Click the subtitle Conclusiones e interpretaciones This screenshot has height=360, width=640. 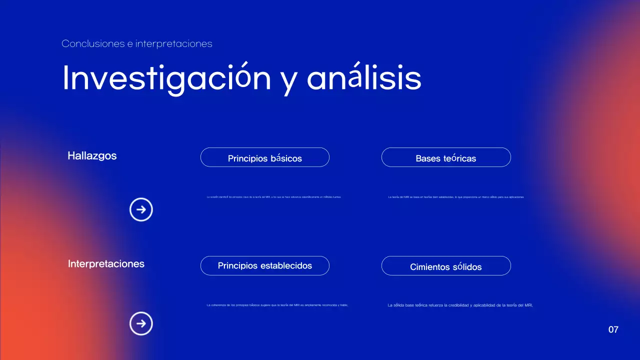click(136, 43)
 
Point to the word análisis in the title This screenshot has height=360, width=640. click(364, 78)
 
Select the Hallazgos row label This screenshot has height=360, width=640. click(92, 155)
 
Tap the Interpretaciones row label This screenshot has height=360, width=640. click(106, 263)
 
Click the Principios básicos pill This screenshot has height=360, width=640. click(264, 157)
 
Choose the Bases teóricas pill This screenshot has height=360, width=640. click(445, 157)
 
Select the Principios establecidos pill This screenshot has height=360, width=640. click(264, 265)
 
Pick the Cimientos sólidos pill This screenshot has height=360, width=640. click(445, 266)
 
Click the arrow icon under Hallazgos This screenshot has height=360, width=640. click(141, 210)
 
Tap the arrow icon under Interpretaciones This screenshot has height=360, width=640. click(141, 323)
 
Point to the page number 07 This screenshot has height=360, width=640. click(613, 329)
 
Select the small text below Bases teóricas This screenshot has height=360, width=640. click(456, 197)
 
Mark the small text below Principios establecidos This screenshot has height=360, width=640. click(277, 304)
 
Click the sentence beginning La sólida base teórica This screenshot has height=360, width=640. click(460, 304)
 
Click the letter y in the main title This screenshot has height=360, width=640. click(288, 81)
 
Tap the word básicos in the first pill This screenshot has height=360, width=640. click(286, 158)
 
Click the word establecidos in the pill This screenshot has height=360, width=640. click(286, 265)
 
